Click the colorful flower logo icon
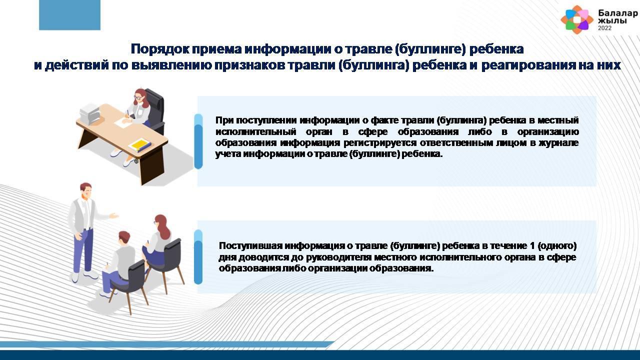point(577,19)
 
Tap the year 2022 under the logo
point(605,28)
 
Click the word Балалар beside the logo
point(617,13)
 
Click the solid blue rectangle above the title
point(69,15)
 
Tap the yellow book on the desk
point(139,145)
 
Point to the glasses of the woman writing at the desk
point(138,97)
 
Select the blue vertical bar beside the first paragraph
point(198,141)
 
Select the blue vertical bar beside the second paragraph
point(198,257)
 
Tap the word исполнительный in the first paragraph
point(255,131)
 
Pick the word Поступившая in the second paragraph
point(250,245)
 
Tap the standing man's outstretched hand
point(114,215)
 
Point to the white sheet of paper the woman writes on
point(122,123)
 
